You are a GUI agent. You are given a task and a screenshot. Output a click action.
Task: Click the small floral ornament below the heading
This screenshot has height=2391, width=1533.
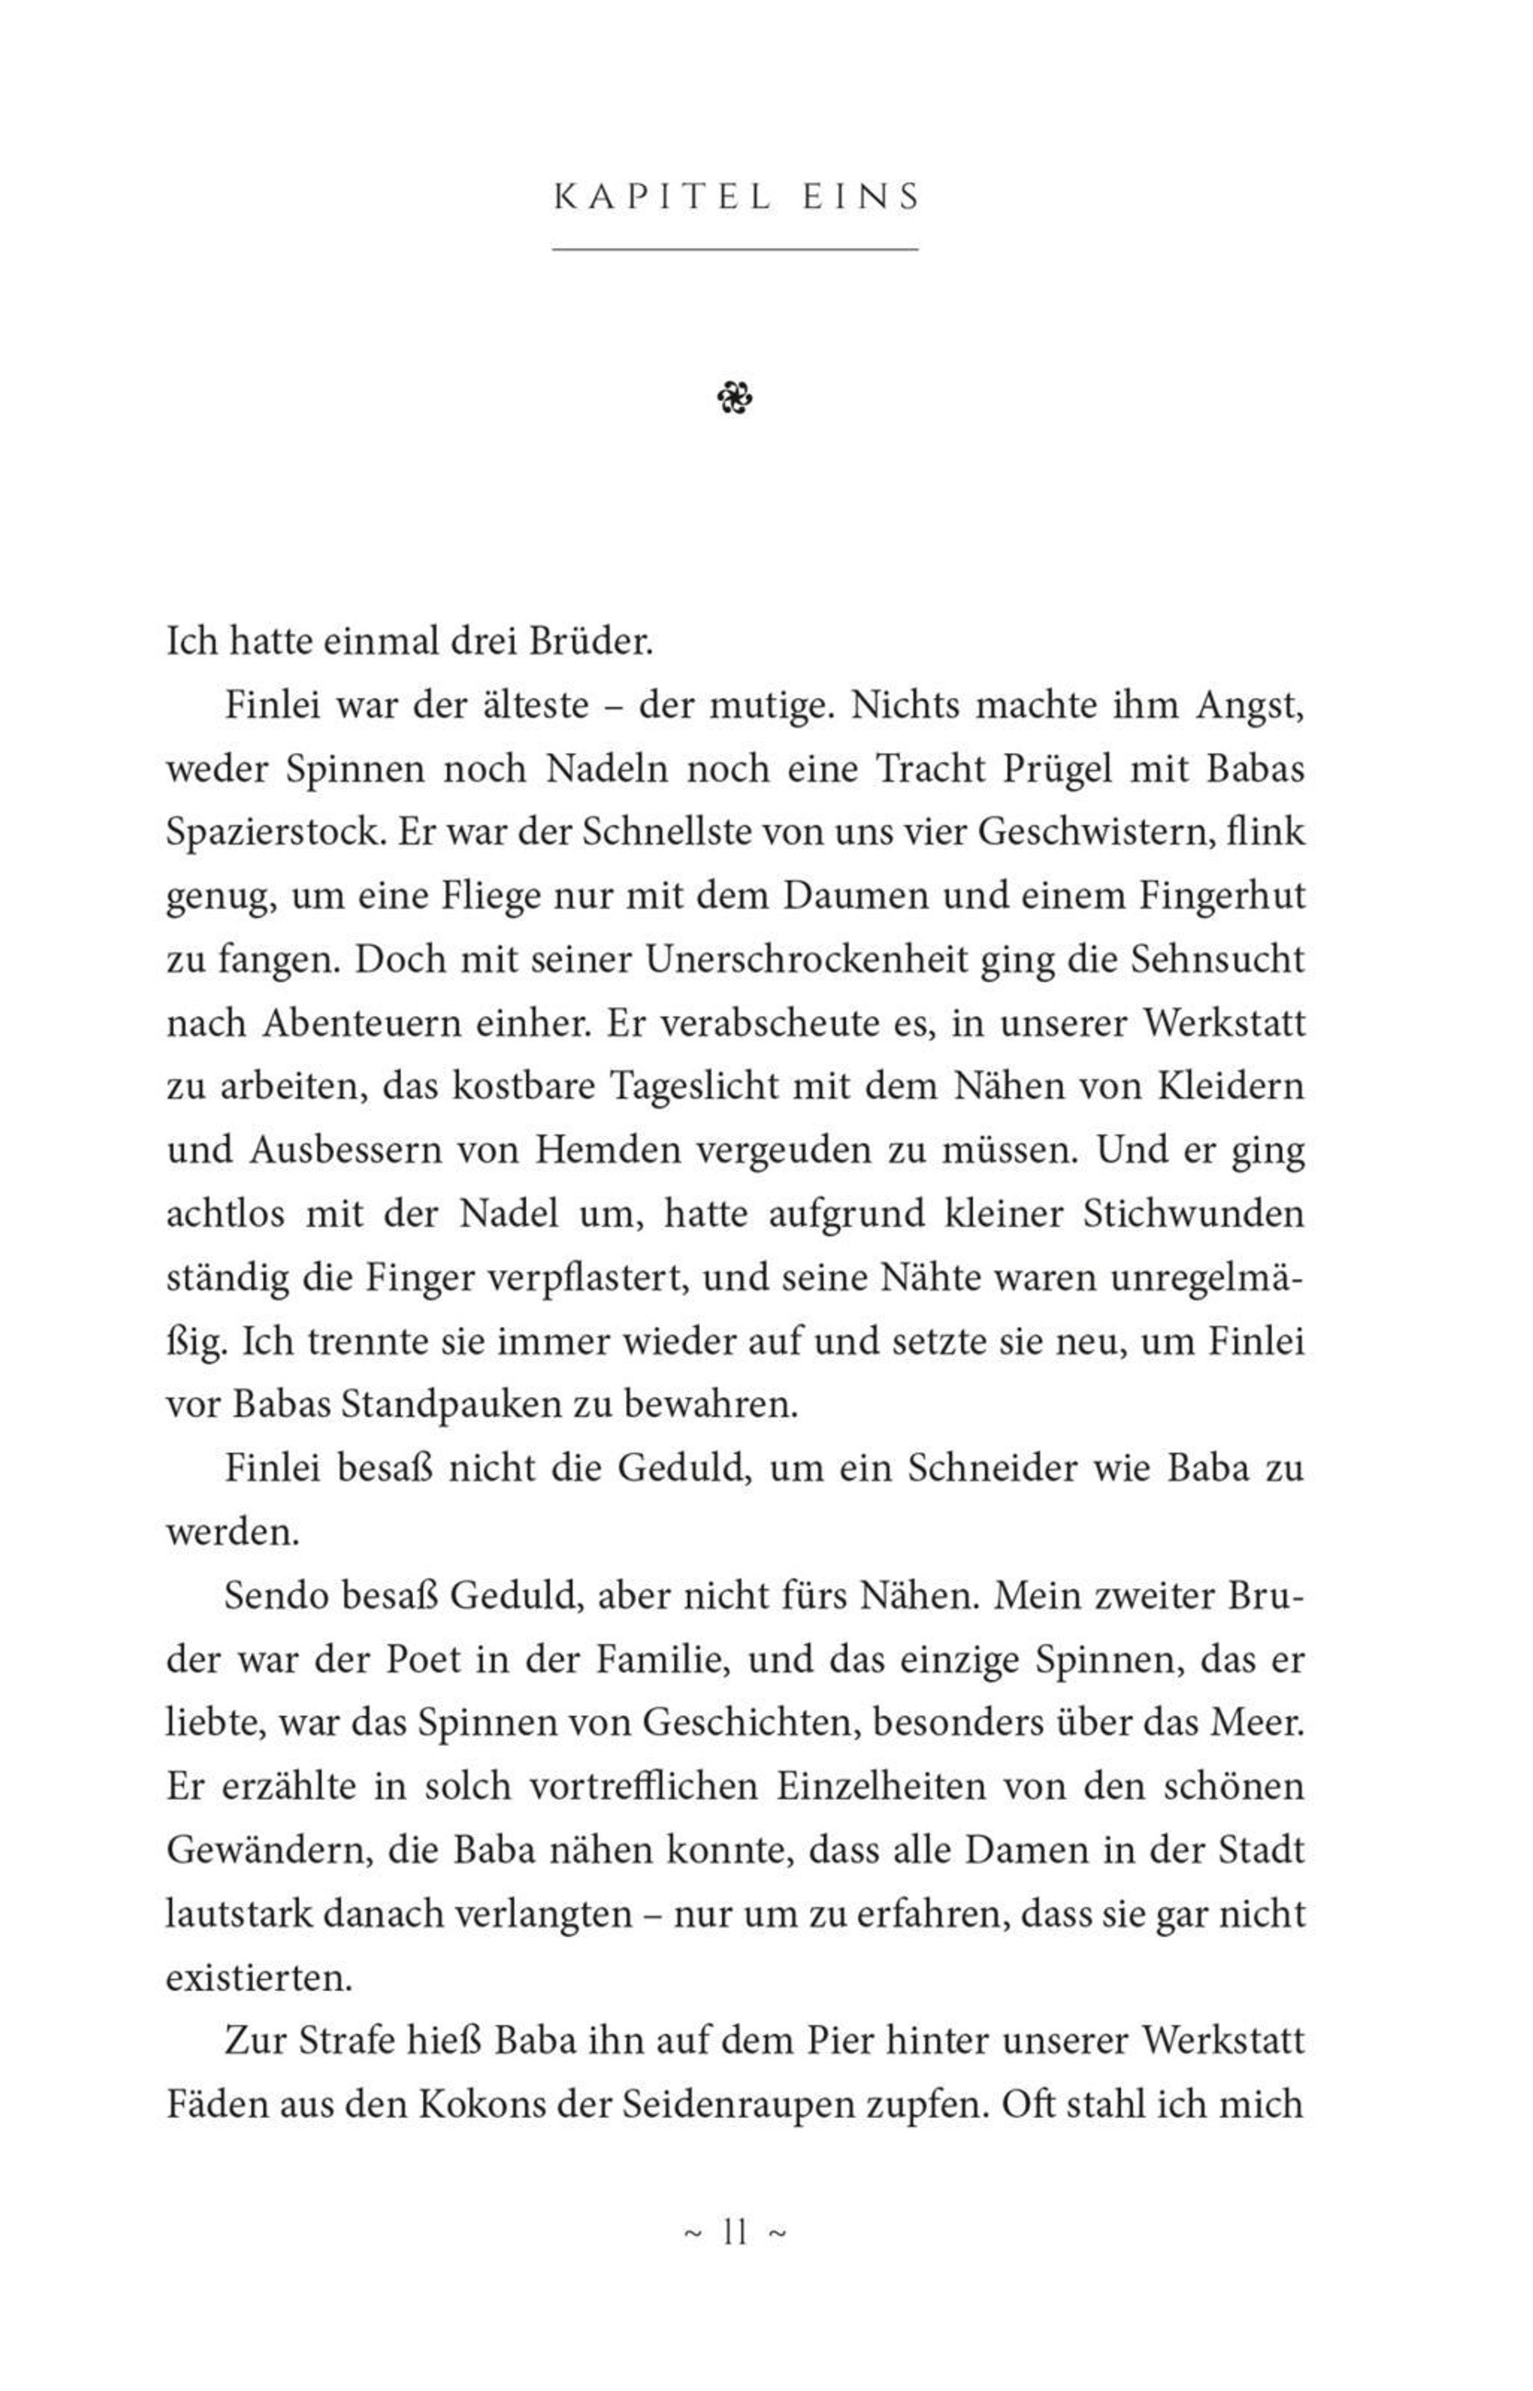point(735,399)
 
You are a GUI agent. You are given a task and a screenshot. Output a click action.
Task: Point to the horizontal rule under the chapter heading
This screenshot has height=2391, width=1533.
point(735,249)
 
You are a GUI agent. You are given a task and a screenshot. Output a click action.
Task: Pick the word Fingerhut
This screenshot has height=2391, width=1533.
point(1221,897)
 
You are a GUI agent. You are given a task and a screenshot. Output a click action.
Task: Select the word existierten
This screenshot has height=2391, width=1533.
point(259,1977)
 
